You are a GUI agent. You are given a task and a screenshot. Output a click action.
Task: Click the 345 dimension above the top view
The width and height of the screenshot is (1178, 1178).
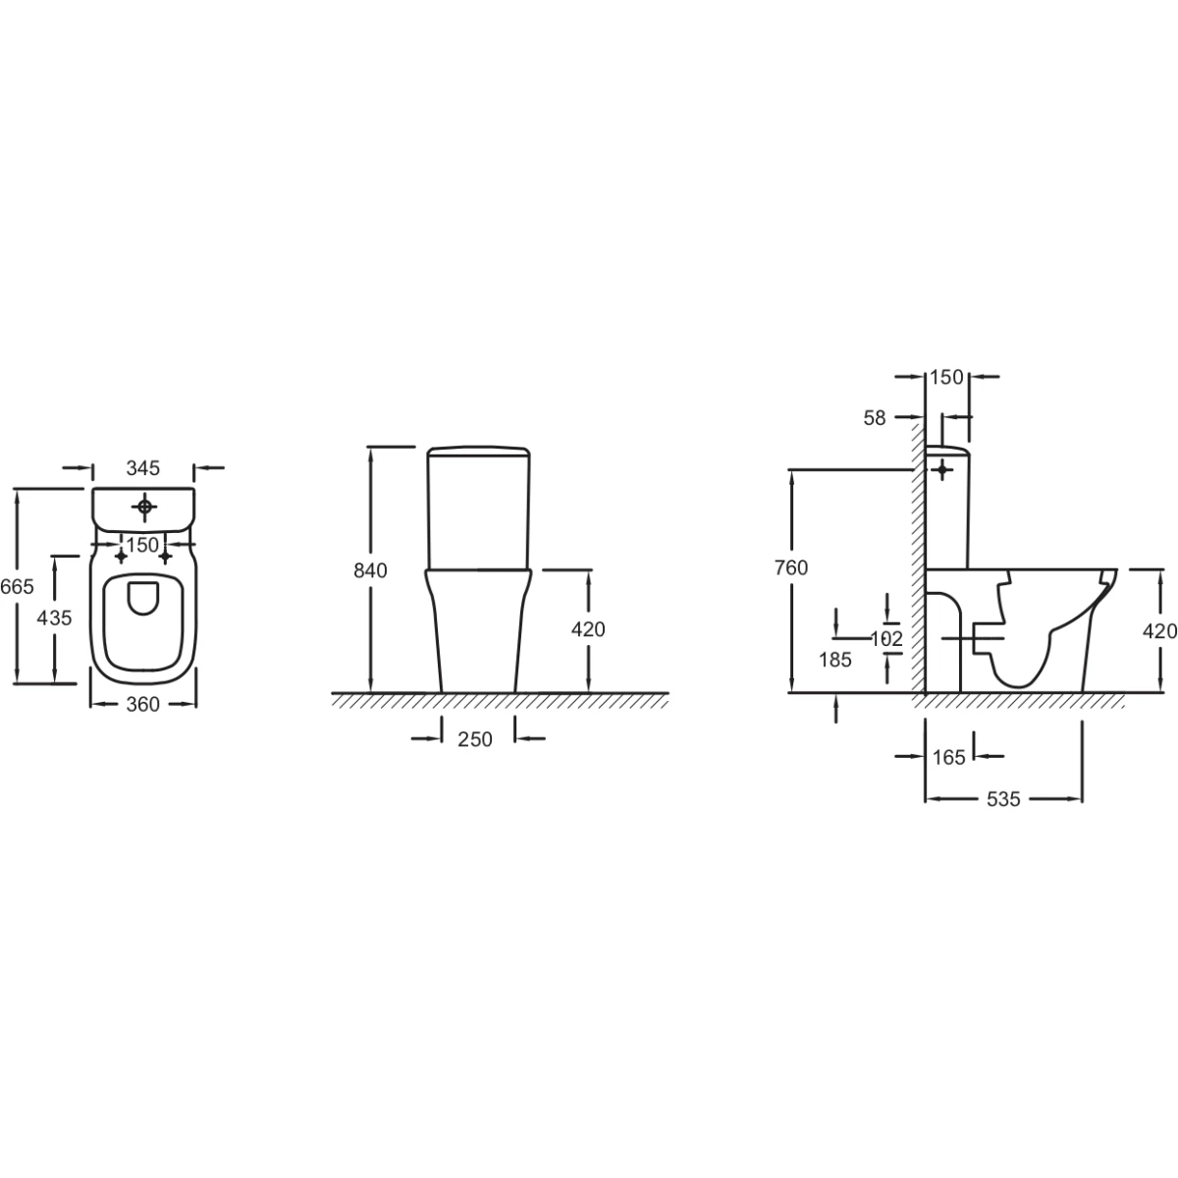tap(143, 468)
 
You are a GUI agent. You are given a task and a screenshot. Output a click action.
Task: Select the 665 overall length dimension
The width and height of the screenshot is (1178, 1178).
tap(17, 587)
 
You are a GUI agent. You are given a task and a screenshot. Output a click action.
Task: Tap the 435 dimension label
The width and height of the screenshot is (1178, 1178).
tap(54, 618)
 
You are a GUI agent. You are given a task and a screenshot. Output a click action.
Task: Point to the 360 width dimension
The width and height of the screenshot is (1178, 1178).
tap(143, 704)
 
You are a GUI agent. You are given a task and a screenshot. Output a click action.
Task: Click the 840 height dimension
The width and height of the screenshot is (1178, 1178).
tap(370, 570)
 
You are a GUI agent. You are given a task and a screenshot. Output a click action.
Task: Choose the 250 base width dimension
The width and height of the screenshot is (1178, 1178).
tap(475, 740)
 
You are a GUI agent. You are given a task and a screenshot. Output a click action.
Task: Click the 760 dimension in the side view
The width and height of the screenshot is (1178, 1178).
tap(791, 568)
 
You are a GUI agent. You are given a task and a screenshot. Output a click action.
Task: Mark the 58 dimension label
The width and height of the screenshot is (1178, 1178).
tap(875, 418)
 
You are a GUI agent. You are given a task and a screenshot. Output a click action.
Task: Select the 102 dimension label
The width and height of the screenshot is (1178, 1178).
tap(886, 639)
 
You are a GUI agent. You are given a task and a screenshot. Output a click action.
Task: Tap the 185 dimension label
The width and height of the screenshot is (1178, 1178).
tap(835, 660)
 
